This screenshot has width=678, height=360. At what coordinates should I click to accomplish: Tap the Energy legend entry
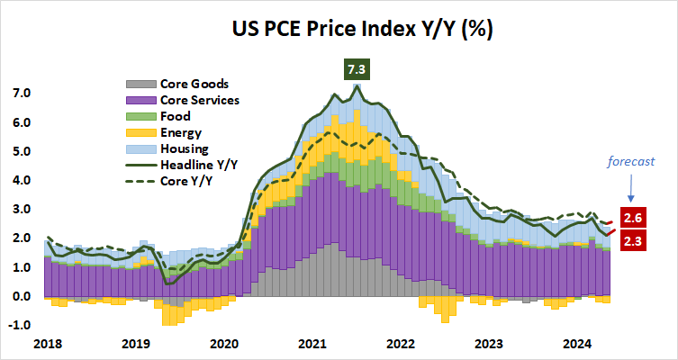coord(165,132)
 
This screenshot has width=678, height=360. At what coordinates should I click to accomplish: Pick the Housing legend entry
coord(167,148)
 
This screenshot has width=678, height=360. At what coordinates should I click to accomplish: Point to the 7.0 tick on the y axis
coord(21,94)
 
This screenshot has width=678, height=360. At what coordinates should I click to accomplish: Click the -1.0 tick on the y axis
coord(19,325)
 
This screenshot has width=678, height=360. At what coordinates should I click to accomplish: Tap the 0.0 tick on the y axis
coord(21,296)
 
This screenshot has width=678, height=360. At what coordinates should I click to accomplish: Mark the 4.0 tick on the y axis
coord(21,180)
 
